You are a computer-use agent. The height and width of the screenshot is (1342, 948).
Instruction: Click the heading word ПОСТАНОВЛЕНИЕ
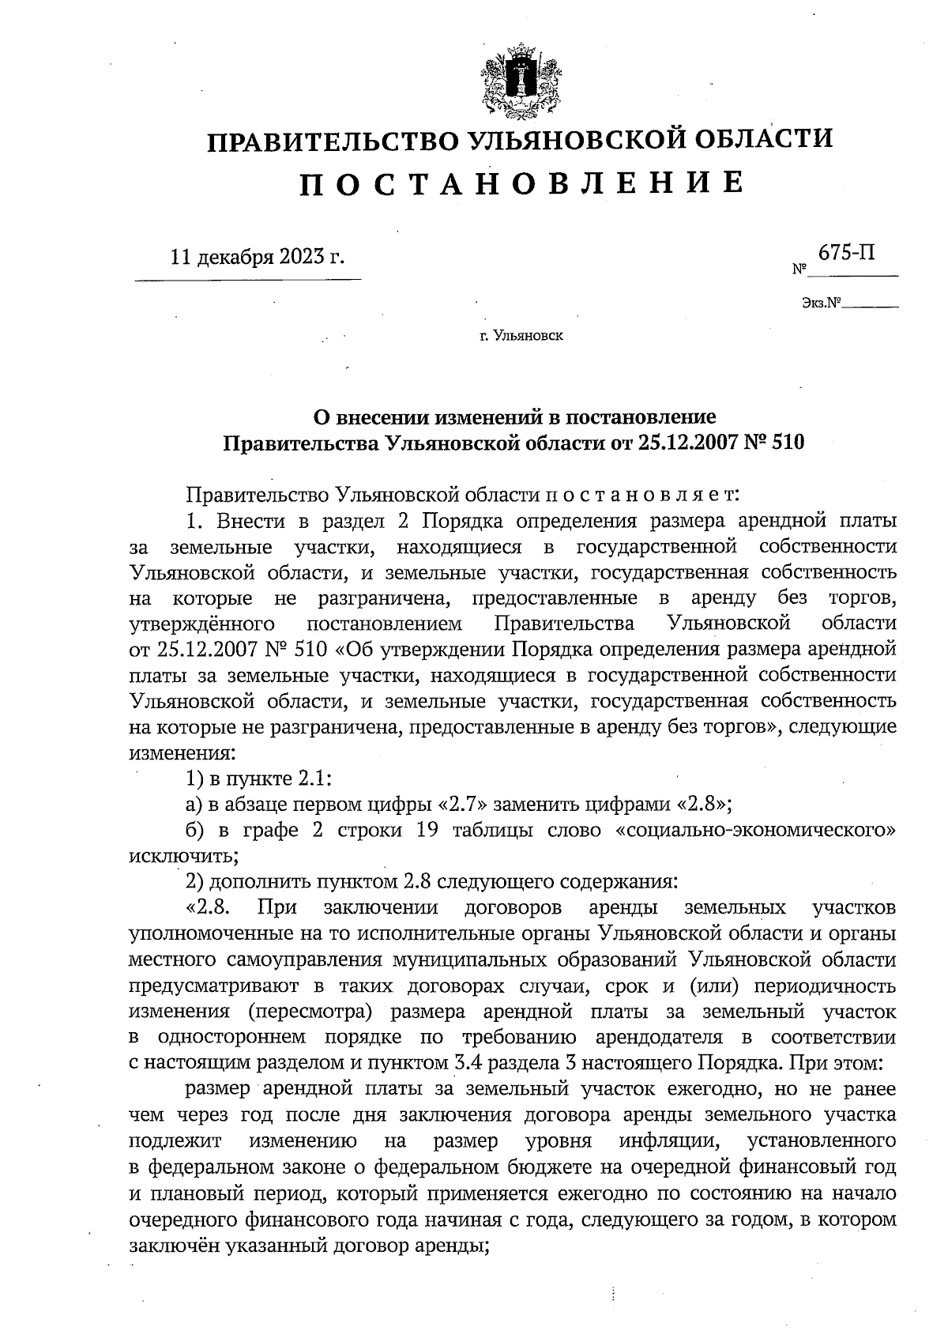[521, 183]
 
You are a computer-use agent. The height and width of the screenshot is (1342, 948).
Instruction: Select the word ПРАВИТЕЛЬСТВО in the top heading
[331, 141]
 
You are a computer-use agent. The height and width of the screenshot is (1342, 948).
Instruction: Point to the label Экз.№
[819, 303]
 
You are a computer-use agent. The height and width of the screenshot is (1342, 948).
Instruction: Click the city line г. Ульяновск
[521, 337]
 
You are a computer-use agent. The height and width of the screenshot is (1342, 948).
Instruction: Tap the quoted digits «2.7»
[467, 805]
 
